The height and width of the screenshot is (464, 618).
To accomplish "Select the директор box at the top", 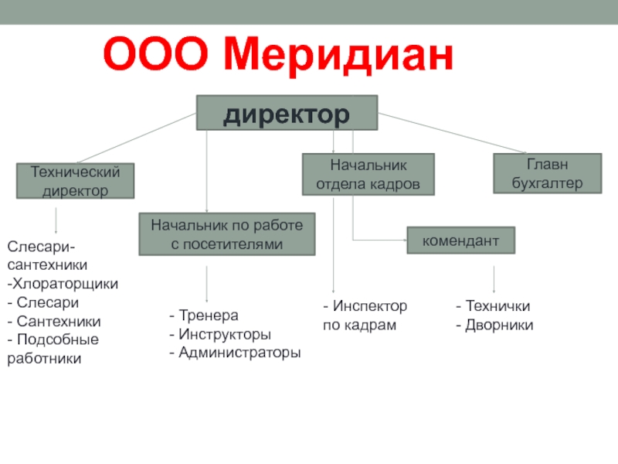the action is point(287,113).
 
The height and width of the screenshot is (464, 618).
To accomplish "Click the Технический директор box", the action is point(76,181).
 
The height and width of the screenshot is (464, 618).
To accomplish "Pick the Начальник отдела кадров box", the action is point(368,174).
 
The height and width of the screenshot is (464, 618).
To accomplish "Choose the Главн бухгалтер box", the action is point(547,173).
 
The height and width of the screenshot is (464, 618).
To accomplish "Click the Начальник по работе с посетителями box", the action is point(227,234).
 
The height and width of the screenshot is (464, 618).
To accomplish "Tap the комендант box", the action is point(460,241).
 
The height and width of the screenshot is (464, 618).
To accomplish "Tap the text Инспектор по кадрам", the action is point(365,316).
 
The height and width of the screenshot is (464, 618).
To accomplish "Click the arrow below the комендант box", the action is point(494,279).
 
